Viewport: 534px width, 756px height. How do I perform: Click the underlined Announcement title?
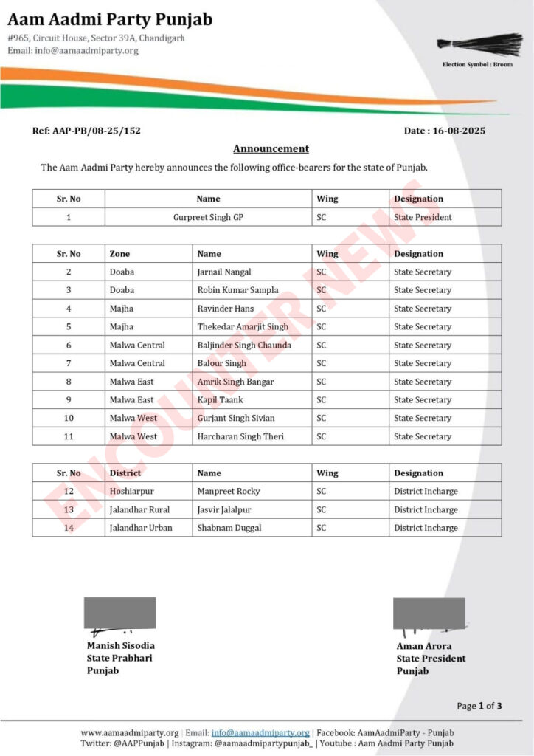[x=271, y=149]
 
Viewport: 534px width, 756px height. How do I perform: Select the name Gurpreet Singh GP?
[x=208, y=217]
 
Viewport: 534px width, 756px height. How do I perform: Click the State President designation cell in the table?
[x=423, y=217]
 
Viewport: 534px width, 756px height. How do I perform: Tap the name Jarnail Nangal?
[x=224, y=272]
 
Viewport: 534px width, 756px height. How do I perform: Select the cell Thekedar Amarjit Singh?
[x=243, y=327]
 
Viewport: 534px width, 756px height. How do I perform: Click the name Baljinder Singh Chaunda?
[x=244, y=345]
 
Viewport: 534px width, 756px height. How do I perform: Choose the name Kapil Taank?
[x=220, y=400]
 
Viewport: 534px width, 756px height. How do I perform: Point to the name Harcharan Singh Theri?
[x=240, y=436]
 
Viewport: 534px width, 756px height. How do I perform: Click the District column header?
[x=125, y=473]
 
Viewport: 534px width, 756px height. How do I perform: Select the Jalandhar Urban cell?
[x=141, y=528]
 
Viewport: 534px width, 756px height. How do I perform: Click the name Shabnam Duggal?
[x=229, y=528]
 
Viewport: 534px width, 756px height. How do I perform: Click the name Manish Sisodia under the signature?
[x=121, y=645]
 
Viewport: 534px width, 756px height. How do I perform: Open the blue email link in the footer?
[x=260, y=732]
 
